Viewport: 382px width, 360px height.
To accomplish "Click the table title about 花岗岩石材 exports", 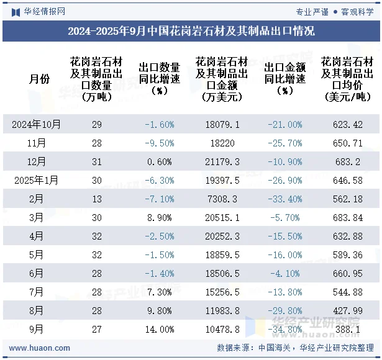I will tap(191, 30).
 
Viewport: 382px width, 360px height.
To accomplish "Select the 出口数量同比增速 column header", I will tap(159, 79).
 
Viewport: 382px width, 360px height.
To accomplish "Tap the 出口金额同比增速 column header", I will tap(284, 79).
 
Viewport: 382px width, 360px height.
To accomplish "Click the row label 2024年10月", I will tap(37, 124).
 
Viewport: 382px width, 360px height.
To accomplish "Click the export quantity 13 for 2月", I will tap(96, 199).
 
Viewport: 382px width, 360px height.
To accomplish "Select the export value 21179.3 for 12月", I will tap(222, 161).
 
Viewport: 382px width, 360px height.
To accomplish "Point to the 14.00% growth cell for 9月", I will tap(159, 329).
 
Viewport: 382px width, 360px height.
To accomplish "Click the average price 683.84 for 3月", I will tap(347, 217).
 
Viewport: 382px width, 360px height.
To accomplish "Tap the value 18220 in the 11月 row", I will tap(222, 143).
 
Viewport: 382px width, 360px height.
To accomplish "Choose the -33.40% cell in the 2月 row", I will tap(284, 199).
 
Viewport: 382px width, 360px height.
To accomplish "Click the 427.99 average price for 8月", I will tap(347, 310).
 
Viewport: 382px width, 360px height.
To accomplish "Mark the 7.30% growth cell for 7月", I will tap(159, 292).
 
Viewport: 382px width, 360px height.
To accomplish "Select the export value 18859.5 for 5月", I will tap(222, 254).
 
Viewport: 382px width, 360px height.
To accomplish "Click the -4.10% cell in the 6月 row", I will tap(284, 273).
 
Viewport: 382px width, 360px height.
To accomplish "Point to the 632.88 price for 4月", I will tap(347, 236).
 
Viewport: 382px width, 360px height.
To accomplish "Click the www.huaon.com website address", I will tap(40, 348).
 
